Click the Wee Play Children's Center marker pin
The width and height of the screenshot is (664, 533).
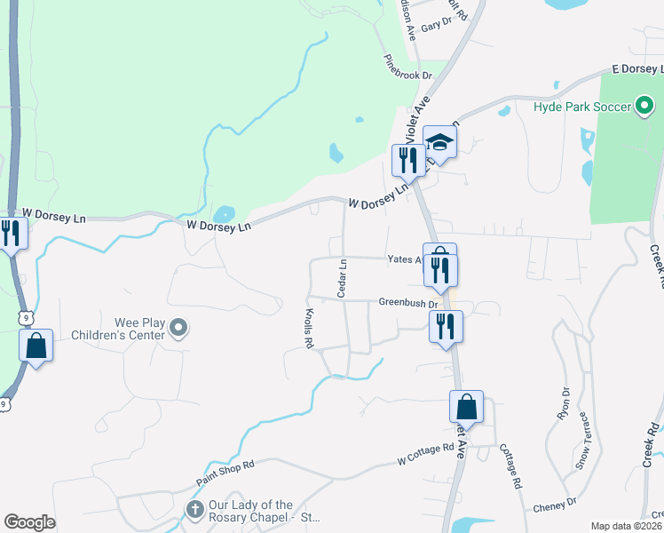tap(178, 329)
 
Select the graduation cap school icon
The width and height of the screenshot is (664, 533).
tap(439, 141)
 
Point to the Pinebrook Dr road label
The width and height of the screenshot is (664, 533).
tap(407, 70)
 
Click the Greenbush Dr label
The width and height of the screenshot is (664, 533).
tap(408, 302)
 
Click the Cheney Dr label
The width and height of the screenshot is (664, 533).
tap(555, 506)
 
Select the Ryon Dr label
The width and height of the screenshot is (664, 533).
tap(562, 405)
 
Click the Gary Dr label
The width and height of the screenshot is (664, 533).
tap(431, 27)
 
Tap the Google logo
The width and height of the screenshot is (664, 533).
tap(29, 522)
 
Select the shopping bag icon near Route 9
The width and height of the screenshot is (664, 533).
tap(36, 346)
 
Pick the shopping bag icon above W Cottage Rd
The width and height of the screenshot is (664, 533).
tap(466, 407)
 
